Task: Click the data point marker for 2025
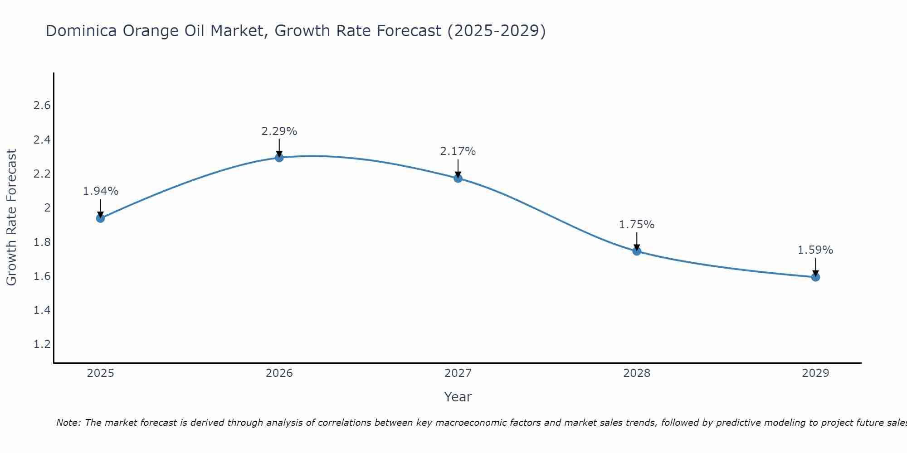[100, 218]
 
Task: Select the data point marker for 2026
[279, 158]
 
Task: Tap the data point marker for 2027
[458, 178]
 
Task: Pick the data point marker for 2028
[636, 251]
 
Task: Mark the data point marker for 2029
[815, 277]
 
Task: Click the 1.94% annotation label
[100, 191]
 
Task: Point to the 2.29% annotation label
[279, 131]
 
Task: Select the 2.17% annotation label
[458, 151]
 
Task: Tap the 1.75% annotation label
[636, 225]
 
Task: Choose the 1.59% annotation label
[815, 250]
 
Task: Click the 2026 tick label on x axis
[279, 373]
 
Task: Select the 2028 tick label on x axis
[636, 373]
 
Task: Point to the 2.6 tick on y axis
[42, 106]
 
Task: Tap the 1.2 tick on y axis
[42, 344]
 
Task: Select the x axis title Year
[458, 397]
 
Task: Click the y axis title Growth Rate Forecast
[11, 217]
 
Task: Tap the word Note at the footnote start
[68, 423]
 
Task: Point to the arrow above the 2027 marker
[458, 169]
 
